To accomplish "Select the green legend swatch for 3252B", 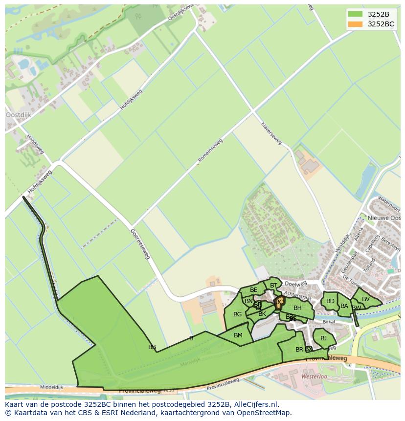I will (x=355, y=14).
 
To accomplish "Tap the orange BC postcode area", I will (x=279, y=302).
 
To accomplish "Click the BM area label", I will (x=238, y=335).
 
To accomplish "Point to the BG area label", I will (x=237, y=314).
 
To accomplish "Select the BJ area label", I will (x=323, y=338).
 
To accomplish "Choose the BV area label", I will (x=365, y=299).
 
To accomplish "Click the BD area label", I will (x=330, y=301).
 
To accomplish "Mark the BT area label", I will (x=273, y=286).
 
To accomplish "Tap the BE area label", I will (x=253, y=290).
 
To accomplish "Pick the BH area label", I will (x=297, y=308).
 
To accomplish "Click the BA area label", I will (x=344, y=306).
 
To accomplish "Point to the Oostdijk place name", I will (x=18, y=115).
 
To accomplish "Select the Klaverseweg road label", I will (x=271, y=133).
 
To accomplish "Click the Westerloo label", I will (x=314, y=377).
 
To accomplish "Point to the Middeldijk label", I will (x=52, y=386).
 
